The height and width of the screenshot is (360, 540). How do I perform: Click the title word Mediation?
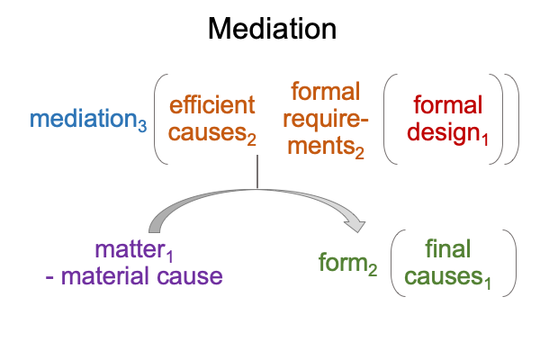(272, 30)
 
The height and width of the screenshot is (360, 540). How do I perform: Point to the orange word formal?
(325, 91)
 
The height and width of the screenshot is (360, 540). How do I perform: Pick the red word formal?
(445, 105)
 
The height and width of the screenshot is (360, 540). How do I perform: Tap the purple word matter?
(131, 247)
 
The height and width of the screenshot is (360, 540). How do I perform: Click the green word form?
(343, 262)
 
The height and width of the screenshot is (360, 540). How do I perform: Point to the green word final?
(447, 247)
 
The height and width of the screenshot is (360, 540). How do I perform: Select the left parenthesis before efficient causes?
(159, 119)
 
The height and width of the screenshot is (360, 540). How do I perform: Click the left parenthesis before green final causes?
(396, 262)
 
